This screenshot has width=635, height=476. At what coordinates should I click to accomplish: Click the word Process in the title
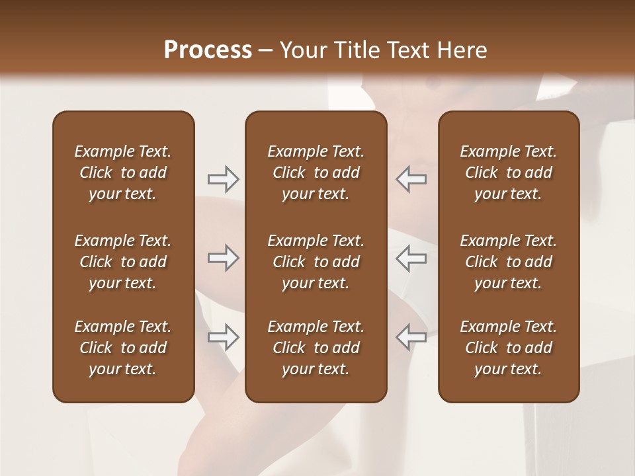click(x=208, y=50)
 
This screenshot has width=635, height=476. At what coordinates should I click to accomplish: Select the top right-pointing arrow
click(x=223, y=178)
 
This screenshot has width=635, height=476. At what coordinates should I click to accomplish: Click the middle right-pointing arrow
click(x=223, y=258)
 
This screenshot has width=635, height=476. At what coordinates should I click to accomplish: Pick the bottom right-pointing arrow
click(x=223, y=337)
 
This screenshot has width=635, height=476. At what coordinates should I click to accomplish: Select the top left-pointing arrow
click(x=411, y=178)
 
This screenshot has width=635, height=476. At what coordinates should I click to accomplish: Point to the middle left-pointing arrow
click(x=411, y=258)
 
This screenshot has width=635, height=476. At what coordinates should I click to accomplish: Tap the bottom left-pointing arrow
click(x=411, y=337)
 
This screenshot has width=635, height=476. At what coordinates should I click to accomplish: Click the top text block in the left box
click(x=123, y=173)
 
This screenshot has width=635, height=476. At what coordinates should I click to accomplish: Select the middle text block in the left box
click(x=123, y=262)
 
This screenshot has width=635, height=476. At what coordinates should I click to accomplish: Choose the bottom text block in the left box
click(x=123, y=348)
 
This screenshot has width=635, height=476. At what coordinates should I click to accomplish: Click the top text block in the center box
click(x=316, y=173)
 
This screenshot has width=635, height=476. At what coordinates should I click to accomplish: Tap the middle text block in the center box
click(x=316, y=262)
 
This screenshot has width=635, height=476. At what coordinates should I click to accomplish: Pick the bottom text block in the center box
click(x=316, y=348)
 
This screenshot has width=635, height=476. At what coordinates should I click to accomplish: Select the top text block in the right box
click(x=509, y=173)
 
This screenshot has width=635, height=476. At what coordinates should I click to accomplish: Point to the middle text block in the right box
click(x=509, y=262)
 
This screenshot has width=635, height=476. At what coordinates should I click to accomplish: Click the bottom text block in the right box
click(x=509, y=348)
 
